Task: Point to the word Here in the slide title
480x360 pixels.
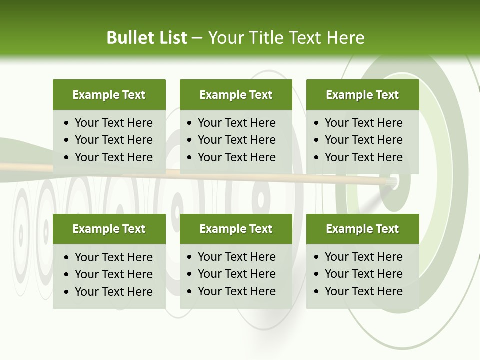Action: (x=345, y=38)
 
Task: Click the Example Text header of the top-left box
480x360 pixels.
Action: (x=109, y=95)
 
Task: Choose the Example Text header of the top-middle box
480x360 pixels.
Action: (x=236, y=95)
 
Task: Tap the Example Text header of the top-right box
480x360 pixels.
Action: (x=362, y=95)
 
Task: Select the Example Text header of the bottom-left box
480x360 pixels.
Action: (x=109, y=229)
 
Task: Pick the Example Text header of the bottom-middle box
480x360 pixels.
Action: (x=236, y=229)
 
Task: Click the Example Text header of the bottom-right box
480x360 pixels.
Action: (x=362, y=229)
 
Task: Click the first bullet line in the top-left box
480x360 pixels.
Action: (x=113, y=123)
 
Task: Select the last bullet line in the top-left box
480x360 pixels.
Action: (x=113, y=157)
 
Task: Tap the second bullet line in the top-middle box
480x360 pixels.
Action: (x=236, y=140)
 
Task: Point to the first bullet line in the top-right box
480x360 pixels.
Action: (x=363, y=123)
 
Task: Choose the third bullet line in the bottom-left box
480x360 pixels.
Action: (x=113, y=291)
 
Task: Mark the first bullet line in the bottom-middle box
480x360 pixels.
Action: (x=236, y=257)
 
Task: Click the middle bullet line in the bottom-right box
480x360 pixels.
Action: (x=363, y=274)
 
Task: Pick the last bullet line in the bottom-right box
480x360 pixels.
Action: (x=363, y=291)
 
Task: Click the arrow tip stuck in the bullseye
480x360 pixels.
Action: (x=393, y=182)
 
